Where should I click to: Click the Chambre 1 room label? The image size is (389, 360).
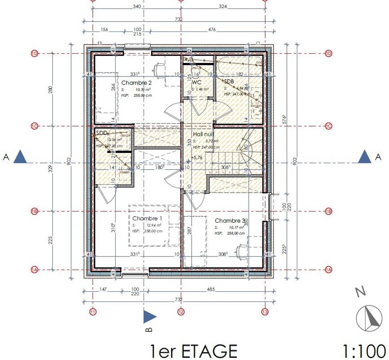coord(147,218)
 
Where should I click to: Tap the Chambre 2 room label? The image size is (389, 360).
coord(137,83)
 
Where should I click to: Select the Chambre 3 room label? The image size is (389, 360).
coord(230,221)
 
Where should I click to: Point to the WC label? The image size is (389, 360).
coord(197,83)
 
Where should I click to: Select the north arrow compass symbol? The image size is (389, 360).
coord(369,318)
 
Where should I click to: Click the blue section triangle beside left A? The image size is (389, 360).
coord(21,157)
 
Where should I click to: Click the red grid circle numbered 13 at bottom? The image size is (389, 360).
coord(265,311)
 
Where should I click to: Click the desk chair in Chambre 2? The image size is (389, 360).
coord(158,69)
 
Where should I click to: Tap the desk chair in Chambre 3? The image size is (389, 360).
coord(241,250)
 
